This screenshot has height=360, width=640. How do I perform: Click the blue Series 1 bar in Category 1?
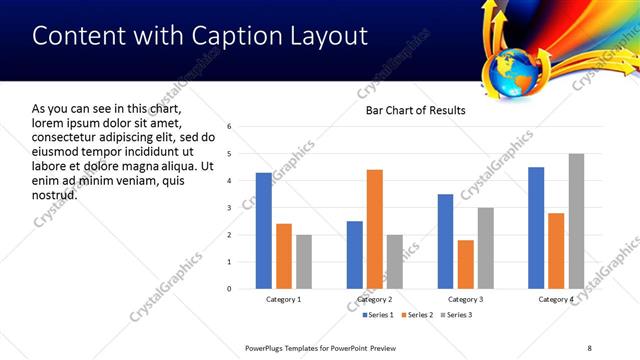[263, 230]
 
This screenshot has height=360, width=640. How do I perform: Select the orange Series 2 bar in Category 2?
[375, 229]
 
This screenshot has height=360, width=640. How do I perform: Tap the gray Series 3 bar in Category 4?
[576, 221]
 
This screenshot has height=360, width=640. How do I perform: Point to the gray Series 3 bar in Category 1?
[304, 261]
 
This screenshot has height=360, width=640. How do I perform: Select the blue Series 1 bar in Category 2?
[355, 254]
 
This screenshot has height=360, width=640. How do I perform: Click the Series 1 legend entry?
[376, 316]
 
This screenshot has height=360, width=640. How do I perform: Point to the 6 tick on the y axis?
[230, 127]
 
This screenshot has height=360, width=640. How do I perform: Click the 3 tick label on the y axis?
[230, 208]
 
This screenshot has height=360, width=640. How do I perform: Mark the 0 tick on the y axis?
[230, 289]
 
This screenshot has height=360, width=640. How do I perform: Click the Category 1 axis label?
[284, 299]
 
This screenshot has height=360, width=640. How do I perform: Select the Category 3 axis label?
[466, 299]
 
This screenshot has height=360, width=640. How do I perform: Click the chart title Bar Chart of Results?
[415, 110]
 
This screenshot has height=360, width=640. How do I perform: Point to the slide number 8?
[589, 348]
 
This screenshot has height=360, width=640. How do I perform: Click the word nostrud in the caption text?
[55, 194]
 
